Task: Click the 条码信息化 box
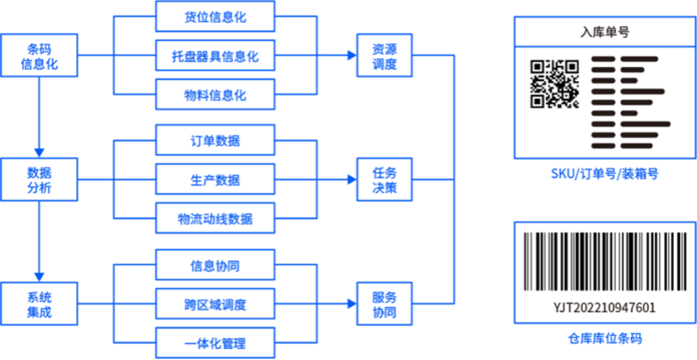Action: tap(39, 55)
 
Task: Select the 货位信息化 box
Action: tap(216, 17)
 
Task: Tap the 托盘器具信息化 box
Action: tap(216, 55)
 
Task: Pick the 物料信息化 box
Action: tap(216, 94)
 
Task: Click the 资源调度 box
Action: tap(384, 55)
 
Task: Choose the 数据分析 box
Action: tap(39, 180)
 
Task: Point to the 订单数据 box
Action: tap(216, 141)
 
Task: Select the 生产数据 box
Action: tap(216, 180)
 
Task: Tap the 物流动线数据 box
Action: tap(216, 218)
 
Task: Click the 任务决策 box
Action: tap(384, 180)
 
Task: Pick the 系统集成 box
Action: tap(39, 304)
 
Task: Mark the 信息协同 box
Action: tap(216, 265)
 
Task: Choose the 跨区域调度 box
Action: tap(216, 304)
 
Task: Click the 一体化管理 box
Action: tap(216, 342)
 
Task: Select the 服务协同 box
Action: tap(384, 304)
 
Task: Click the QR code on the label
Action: tap(554, 84)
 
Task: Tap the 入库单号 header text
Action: tap(605, 32)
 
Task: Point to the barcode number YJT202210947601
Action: tap(605, 307)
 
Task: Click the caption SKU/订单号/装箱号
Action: tap(605, 174)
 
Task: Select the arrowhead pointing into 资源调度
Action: tap(352, 55)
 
